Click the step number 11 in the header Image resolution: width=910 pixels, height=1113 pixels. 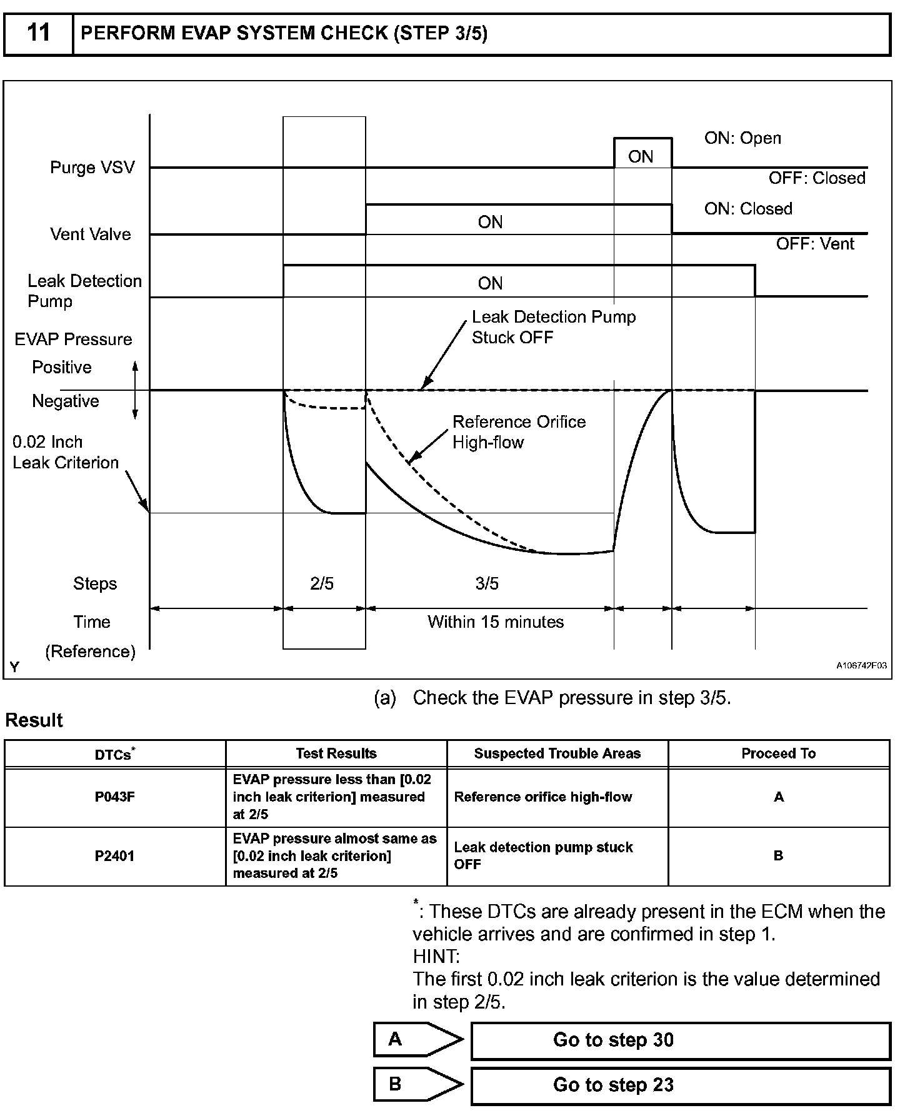click(x=39, y=33)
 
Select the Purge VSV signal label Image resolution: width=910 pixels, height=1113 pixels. click(x=92, y=168)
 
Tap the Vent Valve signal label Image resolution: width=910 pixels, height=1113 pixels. click(x=91, y=234)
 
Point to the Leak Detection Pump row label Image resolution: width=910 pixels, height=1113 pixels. click(x=84, y=291)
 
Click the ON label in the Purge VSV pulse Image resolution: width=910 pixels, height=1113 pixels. click(x=641, y=156)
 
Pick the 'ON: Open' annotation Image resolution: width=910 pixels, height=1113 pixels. click(x=742, y=138)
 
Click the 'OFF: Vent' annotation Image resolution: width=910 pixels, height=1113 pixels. click(x=815, y=244)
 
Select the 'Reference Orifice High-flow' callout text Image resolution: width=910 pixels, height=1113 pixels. click(x=519, y=432)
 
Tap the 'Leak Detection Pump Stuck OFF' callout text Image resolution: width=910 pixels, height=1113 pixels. click(x=553, y=327)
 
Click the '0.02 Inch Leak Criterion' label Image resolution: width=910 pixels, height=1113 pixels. click(x=66, y=452)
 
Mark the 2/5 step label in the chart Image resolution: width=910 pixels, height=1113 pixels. click(x=322, y=583)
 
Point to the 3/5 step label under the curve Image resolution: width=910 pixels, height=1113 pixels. click(x=487, y=583)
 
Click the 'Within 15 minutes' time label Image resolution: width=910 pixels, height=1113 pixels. click(x=496, y=622)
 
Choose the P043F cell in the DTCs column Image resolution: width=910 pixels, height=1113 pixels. click(x=115, y=797)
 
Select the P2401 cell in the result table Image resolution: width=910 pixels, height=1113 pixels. click(x=115, y=856)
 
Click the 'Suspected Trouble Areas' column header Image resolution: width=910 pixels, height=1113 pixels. click(x=557, y=753)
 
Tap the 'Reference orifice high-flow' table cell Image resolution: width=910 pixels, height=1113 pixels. click(x=543, y=797)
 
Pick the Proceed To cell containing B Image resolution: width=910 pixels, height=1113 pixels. click(x=778, y=856)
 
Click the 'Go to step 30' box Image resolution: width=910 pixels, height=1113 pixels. click(x=680, y=1040)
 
